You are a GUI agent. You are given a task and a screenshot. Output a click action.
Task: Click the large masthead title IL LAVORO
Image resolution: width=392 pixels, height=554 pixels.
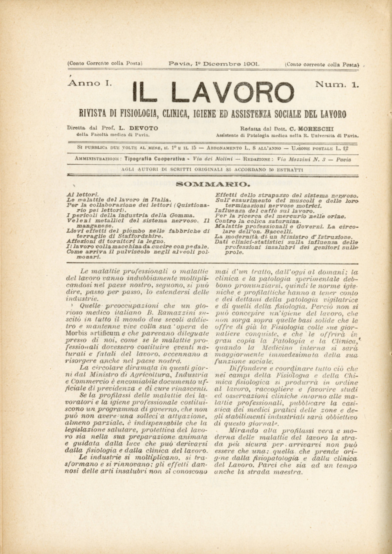tap(213, 92)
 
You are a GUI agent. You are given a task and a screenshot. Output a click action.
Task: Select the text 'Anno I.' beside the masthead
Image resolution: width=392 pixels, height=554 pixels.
tap(90, 84)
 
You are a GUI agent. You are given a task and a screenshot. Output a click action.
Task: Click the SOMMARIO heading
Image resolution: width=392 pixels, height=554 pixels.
tap(213, 183)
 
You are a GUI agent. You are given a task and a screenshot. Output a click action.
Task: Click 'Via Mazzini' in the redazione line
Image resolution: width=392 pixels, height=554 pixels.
tap(293, 159)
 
